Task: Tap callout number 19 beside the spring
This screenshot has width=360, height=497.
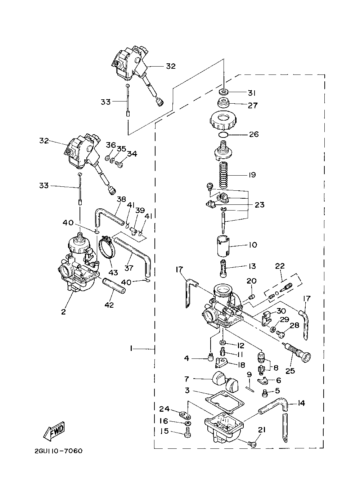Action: [x=252, y=175]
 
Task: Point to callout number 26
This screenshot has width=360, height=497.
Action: [x=254, y=134]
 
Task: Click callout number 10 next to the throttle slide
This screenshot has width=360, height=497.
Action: [x=253, y=245]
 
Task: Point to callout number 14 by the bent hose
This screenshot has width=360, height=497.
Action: [x=301, y=403]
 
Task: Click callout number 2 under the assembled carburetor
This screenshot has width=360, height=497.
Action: [x=63, y=312]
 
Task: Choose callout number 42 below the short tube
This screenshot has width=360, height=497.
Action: [x=109, y=305]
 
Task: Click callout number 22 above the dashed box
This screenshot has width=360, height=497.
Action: [x=280, y=266]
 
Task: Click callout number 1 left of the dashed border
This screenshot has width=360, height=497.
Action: [x=131, y=349]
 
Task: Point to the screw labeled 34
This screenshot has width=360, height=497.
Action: [x=119, y=164]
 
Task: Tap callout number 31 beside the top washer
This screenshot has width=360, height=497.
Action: [x=252, y=93]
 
